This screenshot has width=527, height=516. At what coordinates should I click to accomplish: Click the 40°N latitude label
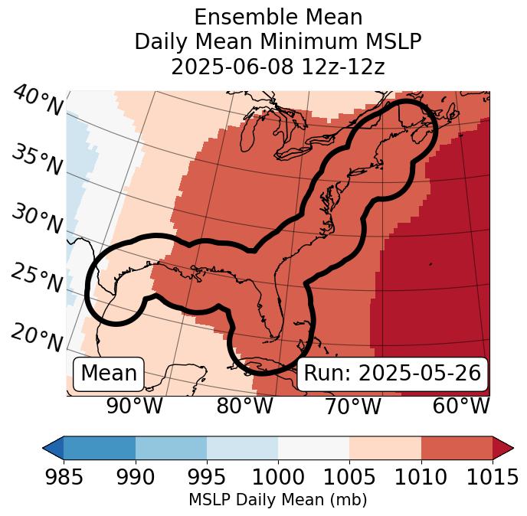(37, 102)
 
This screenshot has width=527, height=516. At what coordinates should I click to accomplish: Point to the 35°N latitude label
(37, 160)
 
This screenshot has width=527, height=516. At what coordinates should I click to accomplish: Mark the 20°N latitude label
(37, 336)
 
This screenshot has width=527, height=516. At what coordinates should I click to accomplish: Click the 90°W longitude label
(135, 407)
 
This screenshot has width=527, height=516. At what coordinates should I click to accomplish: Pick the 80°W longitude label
(244, 407)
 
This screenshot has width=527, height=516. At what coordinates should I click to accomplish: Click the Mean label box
(109, 374)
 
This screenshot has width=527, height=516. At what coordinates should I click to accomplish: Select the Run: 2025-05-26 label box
(392, 374)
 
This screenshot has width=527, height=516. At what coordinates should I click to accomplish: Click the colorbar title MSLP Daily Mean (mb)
(277, 500)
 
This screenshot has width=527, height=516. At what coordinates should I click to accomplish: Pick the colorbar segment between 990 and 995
(171, 447)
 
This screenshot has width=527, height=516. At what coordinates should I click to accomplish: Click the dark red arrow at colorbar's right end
(502, 447)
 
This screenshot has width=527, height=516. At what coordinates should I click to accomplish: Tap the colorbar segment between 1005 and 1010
(385, 447)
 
